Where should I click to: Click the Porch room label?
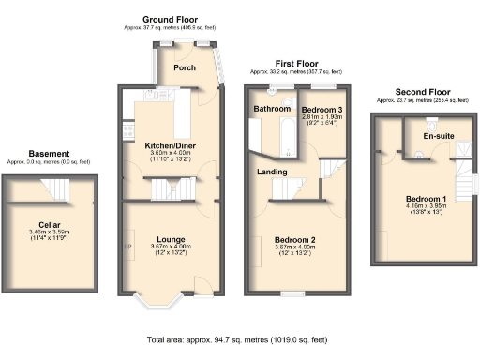click(185, 67)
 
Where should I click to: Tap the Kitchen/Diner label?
click(169, 146)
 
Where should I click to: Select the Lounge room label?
click(169, 238)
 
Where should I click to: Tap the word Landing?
click(272, 172)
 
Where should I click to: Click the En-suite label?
click(438, 136)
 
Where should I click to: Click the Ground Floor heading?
click(170, 19)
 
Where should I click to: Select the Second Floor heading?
click(424, 91)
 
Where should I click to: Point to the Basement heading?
click(49, 154)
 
